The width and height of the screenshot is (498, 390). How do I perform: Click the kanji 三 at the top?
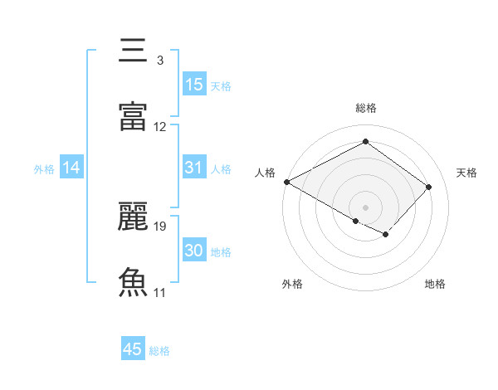(133, 51)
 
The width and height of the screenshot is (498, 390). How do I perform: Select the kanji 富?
(133, 115)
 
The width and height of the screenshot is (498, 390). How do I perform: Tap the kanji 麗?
(133, 217)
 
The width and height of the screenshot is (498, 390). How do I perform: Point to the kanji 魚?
(133, 281)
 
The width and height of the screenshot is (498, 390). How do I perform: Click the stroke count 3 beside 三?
(159, 61)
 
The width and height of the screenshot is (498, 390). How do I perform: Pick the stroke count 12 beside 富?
(160, 126)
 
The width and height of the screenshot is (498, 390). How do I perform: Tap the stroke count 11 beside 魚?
(160, 292)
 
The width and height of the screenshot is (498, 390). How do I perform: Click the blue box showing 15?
(193, 85)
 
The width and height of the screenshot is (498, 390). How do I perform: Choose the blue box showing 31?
(193, 168)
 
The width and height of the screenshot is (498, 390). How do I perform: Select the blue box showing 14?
(71, 168)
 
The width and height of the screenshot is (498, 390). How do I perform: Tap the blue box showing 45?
(133, 349)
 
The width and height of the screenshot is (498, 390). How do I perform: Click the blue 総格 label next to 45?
(159, 351)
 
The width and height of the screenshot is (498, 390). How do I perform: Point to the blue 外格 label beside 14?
(44, 169)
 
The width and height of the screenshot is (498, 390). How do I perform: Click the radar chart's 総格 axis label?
(365, 108)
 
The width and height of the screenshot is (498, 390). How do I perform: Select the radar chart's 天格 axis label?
(466, 173)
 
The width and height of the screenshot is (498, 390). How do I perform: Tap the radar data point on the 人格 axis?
(286, 182)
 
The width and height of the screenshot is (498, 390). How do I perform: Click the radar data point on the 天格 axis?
(428, 187)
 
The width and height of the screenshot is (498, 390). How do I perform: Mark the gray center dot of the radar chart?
(365, 207)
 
